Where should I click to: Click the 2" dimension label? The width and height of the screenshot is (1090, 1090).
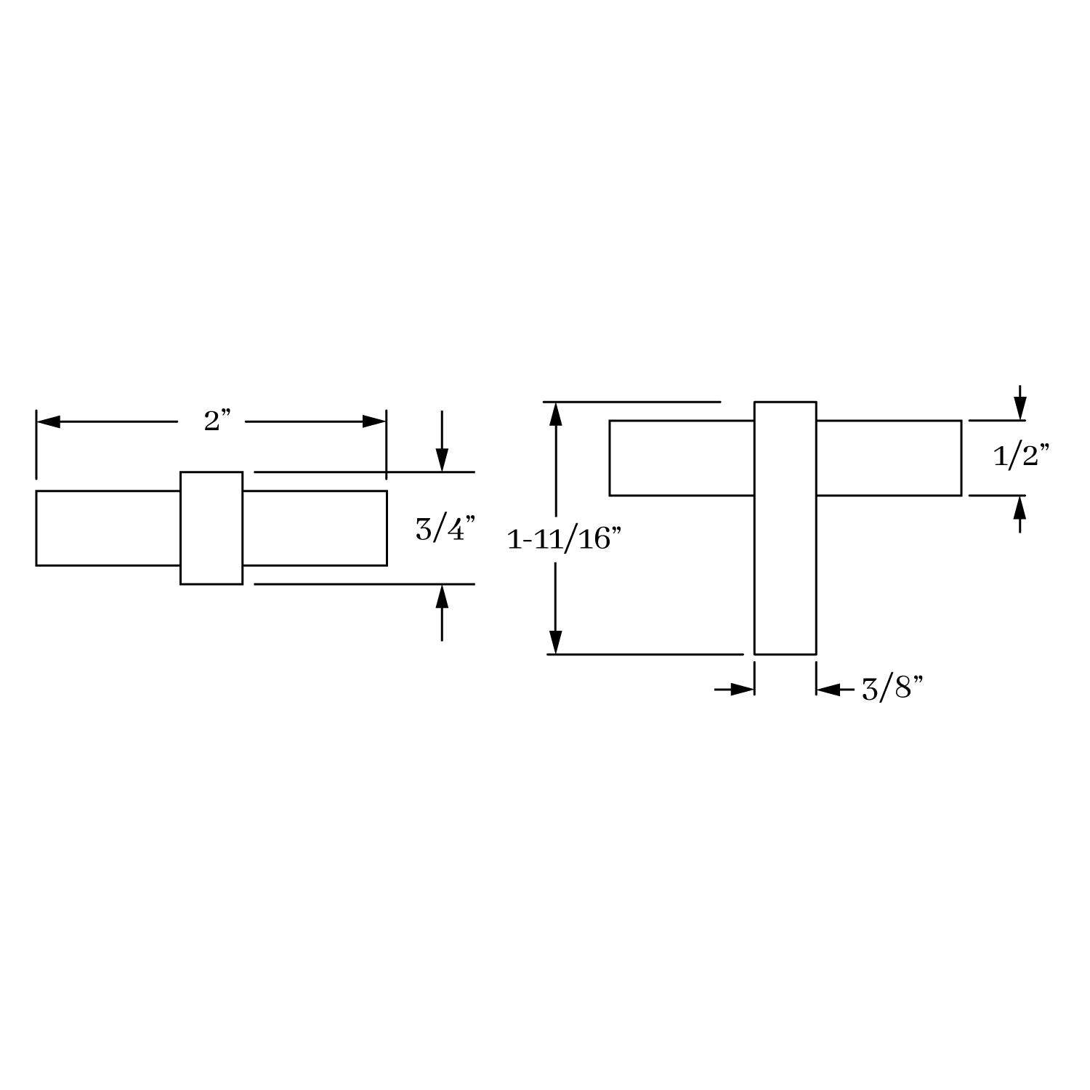coord(217,421)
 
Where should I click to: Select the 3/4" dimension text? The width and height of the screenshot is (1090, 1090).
coord(445,528)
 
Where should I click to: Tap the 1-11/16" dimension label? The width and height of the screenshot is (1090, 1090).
coord(564,539)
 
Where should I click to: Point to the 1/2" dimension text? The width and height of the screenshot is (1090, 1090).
coord(1021,456)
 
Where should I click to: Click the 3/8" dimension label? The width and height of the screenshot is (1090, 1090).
coord(892,688)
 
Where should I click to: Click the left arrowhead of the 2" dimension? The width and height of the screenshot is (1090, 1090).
coord(48,421)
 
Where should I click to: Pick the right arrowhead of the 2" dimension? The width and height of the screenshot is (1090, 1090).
coord(374,421)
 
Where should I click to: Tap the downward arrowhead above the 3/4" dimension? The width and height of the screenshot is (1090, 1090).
coord(442,460)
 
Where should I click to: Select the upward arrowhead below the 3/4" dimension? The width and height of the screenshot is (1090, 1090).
coord(442,596)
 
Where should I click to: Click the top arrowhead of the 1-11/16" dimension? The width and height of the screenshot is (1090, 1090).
coord(556,413)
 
